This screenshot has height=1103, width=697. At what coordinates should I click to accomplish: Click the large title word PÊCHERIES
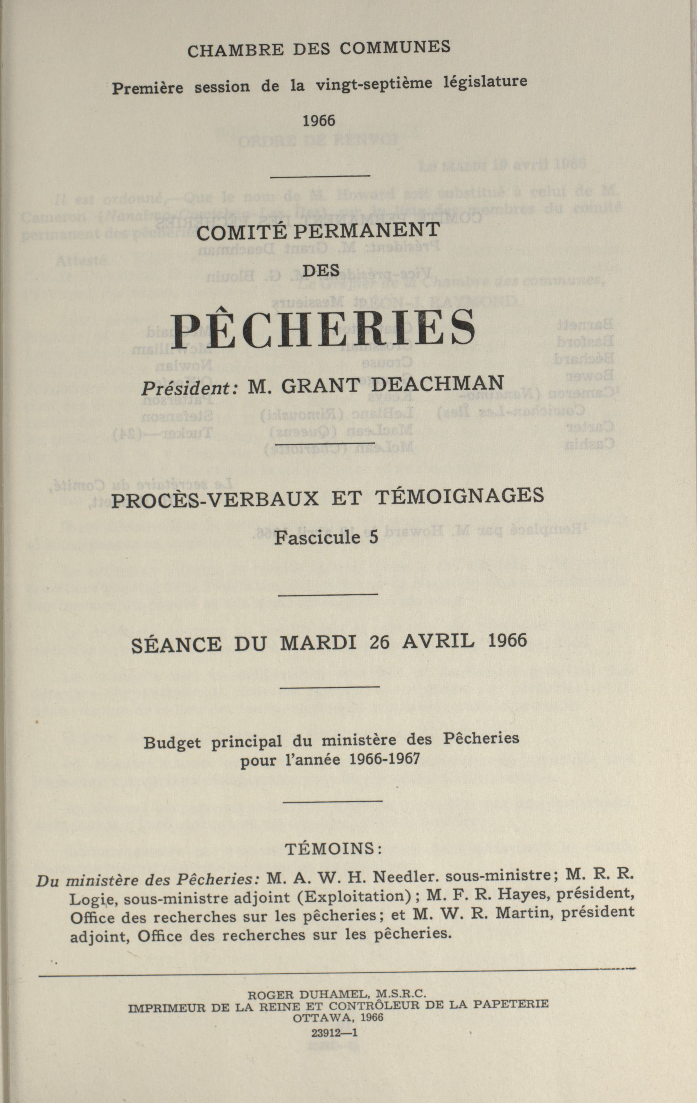click(x=324, y=327)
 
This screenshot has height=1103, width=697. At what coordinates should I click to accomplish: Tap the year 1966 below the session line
click(x=319, y=120)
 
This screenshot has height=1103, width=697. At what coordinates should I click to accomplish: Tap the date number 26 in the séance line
click(x=379, y=643)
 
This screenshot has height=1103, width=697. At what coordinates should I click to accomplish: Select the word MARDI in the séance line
click(x=318, y=643)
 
